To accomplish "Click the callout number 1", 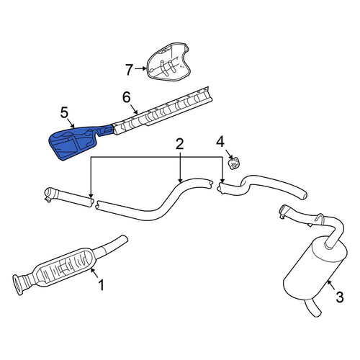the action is (x=102, y=285).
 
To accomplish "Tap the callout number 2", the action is (x=180, y=144).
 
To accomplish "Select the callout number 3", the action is (x=340, y=297).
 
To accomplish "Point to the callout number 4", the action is (x=220, y=142).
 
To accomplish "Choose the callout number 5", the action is (x=64, y=113).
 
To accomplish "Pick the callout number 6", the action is (x=127, y=97).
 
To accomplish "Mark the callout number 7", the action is (x=129, y=70).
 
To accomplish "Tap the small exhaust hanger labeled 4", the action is (x=233, y=163).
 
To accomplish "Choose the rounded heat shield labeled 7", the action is (x=168, y=62).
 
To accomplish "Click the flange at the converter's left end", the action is (x=17, y=285).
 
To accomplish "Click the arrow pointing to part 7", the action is (x=140, y=68).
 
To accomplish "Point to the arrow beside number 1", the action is (x=94, y=274).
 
